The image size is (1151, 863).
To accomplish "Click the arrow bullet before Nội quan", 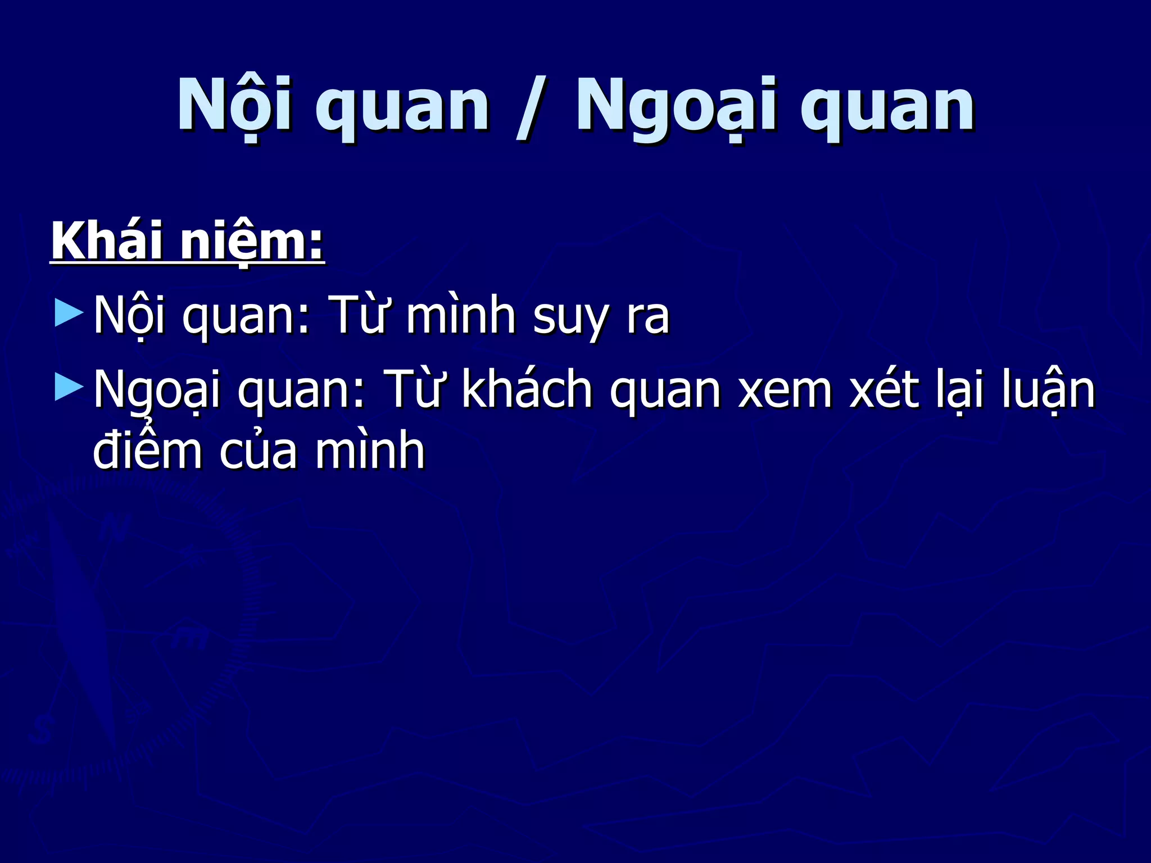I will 69,312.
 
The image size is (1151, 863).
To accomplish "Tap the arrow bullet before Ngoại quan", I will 69,388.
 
